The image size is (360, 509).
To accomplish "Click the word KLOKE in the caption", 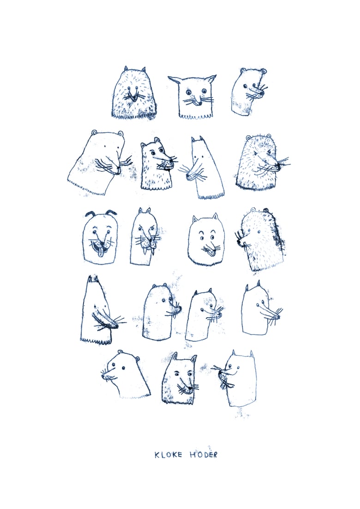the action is click(168, 455).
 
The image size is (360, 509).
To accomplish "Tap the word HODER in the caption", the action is click(203, 454).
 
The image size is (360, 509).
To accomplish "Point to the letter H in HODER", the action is click(192, 455).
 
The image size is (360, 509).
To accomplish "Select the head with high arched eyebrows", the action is click(204, 240).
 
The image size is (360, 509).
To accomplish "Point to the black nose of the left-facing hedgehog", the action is click(239, 242).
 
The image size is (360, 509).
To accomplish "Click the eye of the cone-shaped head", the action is click(95, 305).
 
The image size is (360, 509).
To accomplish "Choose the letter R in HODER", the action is click(215, 455).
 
